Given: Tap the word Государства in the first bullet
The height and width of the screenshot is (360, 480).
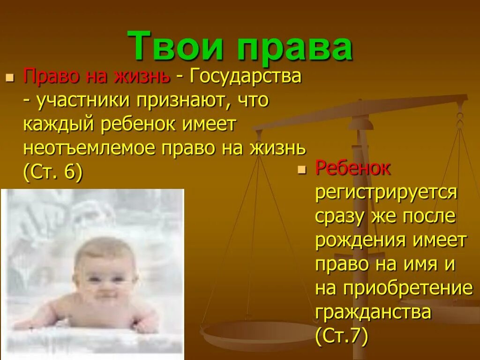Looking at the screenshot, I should point(245,76).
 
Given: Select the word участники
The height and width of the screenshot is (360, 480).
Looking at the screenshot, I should point(86,100).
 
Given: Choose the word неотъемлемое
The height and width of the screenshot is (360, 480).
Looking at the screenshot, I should point(89,149).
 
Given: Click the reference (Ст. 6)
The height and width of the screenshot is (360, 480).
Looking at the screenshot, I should point(52,172).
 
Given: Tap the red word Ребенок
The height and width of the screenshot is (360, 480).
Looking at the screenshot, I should point(353,168).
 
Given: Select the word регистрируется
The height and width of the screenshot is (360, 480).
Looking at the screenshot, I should point(386,192).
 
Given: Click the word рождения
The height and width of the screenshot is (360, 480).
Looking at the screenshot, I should point(360,240).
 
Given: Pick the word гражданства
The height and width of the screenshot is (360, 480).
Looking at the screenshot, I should point(373,312).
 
